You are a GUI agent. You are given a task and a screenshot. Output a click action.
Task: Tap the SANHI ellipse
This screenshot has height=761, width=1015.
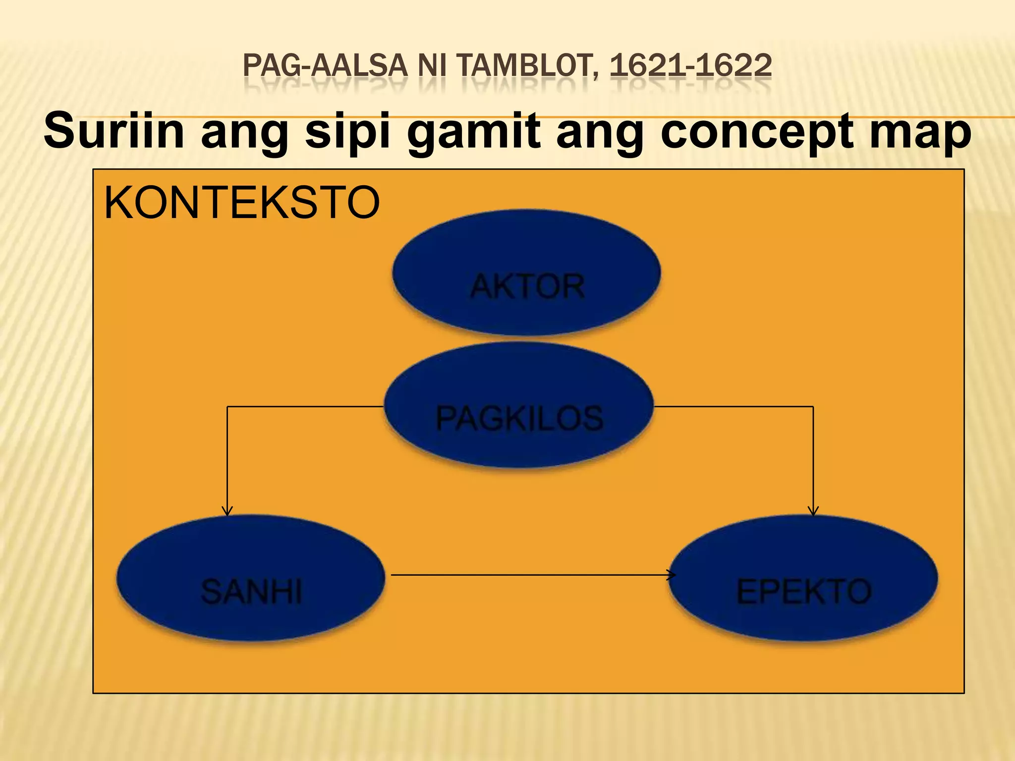(251, 578)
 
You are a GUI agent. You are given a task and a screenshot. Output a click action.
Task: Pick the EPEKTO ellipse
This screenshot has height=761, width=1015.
(803, 578)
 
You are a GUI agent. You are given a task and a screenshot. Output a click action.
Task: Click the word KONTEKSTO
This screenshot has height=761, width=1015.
(242, 203)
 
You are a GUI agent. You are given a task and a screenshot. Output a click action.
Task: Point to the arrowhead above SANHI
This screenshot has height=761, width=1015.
(227, 511)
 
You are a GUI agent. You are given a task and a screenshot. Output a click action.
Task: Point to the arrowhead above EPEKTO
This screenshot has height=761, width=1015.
(813, 511)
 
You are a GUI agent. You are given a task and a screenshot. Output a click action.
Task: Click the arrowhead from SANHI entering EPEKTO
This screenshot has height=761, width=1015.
(671, 575)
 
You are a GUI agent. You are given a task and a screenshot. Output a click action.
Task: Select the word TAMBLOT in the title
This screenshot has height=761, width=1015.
(527, 66)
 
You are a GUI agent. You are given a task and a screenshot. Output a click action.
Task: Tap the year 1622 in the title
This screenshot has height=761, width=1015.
(734, 66)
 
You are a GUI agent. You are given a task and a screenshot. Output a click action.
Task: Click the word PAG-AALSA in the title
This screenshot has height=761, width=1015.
(325, 66)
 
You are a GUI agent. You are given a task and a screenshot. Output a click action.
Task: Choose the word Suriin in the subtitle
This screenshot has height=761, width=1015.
(114, 131)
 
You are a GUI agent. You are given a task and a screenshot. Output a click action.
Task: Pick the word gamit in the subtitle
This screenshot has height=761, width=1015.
(473, 131)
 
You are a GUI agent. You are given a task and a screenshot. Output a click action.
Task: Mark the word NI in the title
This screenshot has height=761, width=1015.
(432, 66)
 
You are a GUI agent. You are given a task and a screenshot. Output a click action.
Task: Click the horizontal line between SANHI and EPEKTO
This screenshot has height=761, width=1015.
(530, 575)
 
